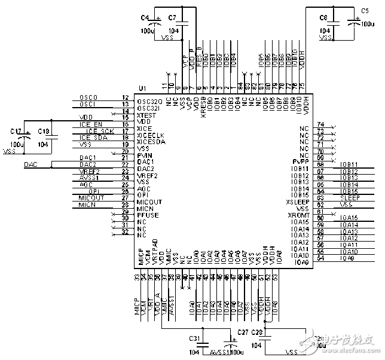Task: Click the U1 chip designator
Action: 142,89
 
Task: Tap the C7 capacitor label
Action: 172,18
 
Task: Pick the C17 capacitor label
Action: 17,130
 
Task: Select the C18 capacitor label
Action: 44,130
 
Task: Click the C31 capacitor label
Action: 194,338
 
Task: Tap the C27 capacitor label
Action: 243,332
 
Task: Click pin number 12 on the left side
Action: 125,97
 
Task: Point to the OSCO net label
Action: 88,97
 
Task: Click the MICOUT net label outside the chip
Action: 91,197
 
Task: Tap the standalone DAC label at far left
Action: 30,164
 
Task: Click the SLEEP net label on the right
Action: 349,197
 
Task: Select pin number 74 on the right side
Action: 320,123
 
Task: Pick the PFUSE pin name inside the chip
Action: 148,215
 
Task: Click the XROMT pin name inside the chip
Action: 298,215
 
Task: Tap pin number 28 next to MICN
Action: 125,205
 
